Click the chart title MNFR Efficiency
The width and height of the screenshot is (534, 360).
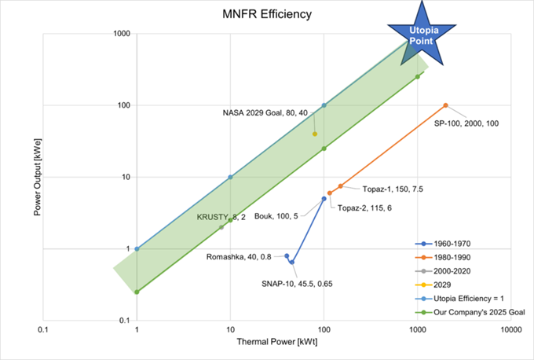(266, 13)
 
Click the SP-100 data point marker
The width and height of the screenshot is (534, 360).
(445, 105)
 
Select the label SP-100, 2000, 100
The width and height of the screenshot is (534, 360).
(466, 123)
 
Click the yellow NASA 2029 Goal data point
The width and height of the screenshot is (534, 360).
(315, 134)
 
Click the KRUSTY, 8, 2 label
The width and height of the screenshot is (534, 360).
(221, 217)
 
